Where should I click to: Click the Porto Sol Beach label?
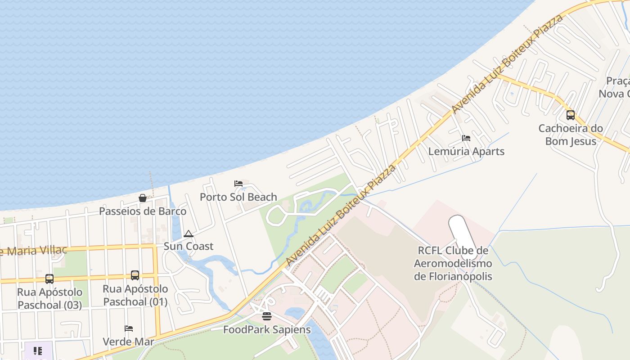click(238, 197)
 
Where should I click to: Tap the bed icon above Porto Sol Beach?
click(238, 184)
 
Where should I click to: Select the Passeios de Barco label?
click(143, 211)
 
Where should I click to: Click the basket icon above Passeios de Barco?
click(143, 198)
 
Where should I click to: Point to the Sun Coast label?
click(189, 246)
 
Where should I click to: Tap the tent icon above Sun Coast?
click(189, 234)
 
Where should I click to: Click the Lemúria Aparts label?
click(466, 151)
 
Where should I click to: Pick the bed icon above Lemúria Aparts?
click(466, 138)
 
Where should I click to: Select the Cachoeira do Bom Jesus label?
click(571, 135)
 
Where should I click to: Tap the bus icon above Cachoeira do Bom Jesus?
click(571, 115)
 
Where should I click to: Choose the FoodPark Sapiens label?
click(267, 329)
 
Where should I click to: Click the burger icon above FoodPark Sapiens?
click(267, 316)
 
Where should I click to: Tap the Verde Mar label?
click(129, 342)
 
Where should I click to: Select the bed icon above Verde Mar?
click(129, 328)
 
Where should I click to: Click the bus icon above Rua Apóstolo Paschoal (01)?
click(135, 275)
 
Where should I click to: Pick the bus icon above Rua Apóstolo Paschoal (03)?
click(49, 279)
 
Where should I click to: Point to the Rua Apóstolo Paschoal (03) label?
click(49, 298)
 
